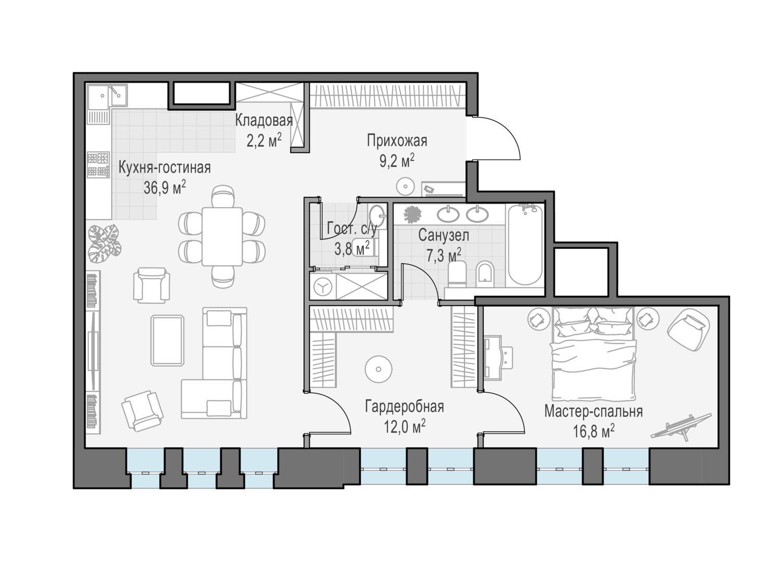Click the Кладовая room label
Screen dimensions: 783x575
click(264, 121)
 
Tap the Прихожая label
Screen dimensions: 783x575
click(397, 141)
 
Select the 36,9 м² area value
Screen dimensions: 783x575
click(164, 188)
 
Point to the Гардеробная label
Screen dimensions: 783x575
click(405, 406)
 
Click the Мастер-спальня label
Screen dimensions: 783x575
click(594, 412)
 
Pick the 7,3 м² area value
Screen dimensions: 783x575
click(444, 255)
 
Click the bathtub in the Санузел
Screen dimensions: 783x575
click(525, 245)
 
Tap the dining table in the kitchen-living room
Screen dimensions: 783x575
click(222, 236)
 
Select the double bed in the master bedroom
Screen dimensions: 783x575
click(593, 354)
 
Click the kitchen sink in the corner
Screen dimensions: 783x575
click(107, 95)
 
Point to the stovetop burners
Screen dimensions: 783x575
click(98, 165)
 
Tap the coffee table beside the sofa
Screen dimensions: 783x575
click(168, 340)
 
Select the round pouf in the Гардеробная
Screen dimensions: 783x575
click(378, 369)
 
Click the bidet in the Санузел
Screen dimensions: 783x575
click(485, 274)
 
